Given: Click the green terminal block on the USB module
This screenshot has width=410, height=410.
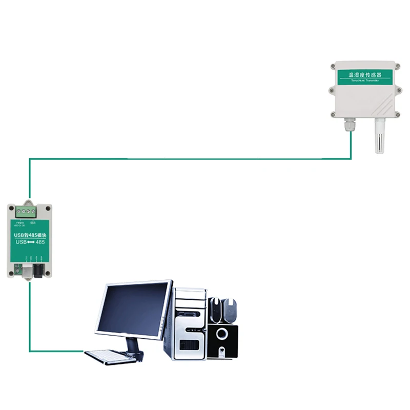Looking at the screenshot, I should [x=27, y=211].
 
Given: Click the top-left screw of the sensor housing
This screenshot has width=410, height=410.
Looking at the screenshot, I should [x=334, y=66].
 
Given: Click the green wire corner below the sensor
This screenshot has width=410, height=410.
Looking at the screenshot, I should [x=351, y=158].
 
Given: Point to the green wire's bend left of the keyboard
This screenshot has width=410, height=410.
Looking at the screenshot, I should [x=30, y=351].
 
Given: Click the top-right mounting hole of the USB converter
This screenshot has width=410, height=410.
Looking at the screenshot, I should [x=48, y=209].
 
